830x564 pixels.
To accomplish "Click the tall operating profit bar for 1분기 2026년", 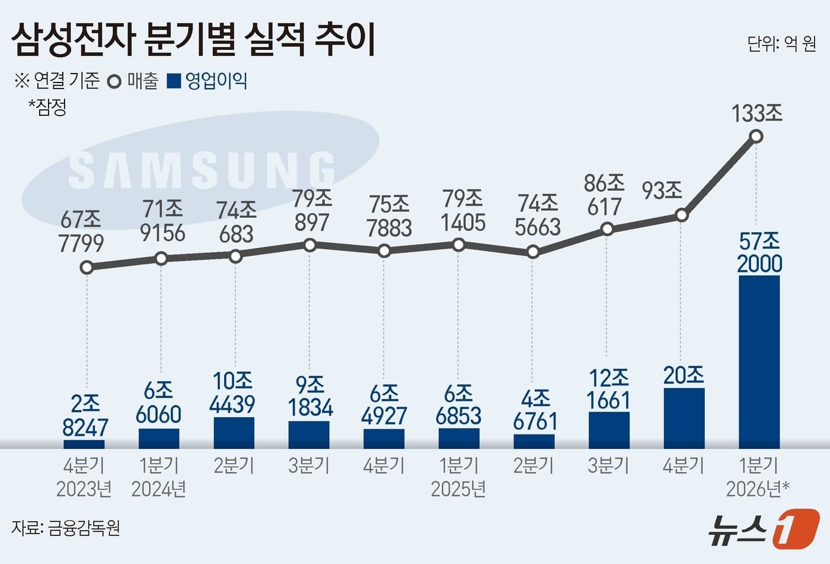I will pyautogui.click(x=759, y=362).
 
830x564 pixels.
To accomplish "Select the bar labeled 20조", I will pyautogui.click(x=684, y=419).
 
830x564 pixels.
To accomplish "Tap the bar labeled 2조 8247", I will pyautogui.click(x=84, y=444).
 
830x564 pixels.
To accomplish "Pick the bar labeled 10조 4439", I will pyautogui.click(x=234, y=433).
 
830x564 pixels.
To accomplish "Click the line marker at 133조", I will pyautogui.click(x=756, y=137).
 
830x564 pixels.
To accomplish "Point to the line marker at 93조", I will pyautogui.click(x=682, y=215).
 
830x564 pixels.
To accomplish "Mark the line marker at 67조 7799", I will pyautogui.click(x=87, y=268).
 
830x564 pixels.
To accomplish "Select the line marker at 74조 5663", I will pyautogui.click(x=533, y=252).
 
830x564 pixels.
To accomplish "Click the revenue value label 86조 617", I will pyautogui.click(x=604, y=195).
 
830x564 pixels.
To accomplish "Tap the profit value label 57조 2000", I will pyautogui.click(x=759, y=252).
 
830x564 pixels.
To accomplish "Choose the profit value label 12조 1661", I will pyautogui.click(x=609, y=389).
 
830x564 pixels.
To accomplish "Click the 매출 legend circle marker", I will pyautogui.click(x=114, y=81).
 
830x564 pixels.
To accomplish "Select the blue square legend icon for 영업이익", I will pyautogui.click(x=174, y=81).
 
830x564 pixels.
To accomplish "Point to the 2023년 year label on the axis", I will pyautogui.click(x=84, y=489).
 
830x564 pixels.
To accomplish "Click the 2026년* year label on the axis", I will pyautogui.click(x=757, y=489).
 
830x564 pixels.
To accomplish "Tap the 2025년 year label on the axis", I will pyautogui.click(x=458, y=489).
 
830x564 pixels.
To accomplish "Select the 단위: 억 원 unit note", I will pyautogui.click(x=781, y=43).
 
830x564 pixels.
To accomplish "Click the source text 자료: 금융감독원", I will pyautogui.click(x=66, y=527).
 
